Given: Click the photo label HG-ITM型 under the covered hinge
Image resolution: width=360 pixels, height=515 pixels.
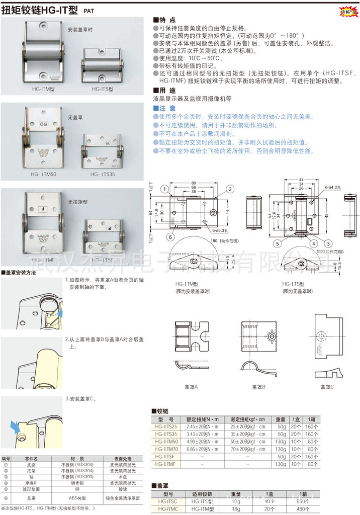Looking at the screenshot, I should tap(43, 89).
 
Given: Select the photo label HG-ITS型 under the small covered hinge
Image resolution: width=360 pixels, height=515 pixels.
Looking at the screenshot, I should tap(103, 89).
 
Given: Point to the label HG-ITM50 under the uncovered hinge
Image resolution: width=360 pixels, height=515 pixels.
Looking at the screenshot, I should tap(43, 174).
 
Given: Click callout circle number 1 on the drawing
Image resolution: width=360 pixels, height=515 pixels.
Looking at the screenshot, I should tap(164, 190).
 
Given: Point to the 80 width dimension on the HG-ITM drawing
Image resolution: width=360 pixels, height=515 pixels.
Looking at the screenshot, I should tap(193, 183).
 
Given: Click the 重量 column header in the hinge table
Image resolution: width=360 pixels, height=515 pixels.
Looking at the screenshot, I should tap(281, 419).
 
